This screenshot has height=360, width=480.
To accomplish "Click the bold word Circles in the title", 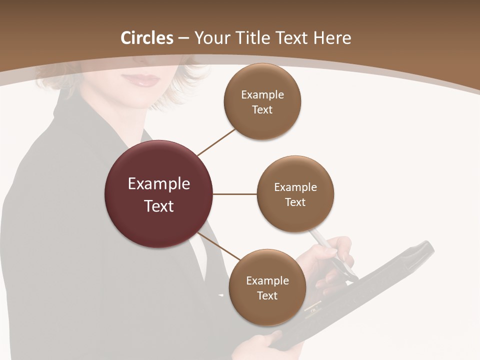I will click(x=147, y=38).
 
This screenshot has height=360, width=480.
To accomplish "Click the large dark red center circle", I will click(x=159, y=194).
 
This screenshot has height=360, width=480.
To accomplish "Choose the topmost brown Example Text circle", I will click(x=262, y=101).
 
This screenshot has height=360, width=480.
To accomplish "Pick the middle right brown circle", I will click(x=295, y=194).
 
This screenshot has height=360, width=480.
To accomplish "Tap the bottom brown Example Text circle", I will click(x=267, y=287).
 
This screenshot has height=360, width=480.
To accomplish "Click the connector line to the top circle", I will click(x=216, y=142).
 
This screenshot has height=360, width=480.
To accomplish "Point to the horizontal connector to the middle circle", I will click(x=235, y=194).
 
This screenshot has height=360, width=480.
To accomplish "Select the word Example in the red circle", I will click(x=159, y=183).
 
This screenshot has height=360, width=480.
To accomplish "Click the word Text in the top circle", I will click(x=262, y=109).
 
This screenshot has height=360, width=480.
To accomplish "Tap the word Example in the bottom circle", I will click(x=267, y=280).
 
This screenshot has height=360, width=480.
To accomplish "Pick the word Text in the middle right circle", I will click(x=295, y=202).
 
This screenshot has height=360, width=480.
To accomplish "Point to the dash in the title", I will click(x=183, y=38).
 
